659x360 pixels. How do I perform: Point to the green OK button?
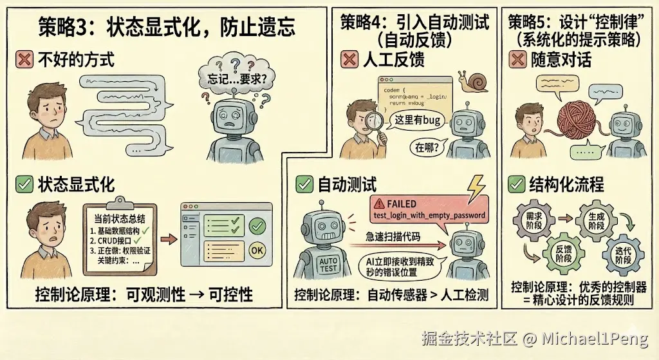point(257,249)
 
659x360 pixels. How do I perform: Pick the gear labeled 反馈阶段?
point(562,252)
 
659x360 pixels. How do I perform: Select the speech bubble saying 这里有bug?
point(416,120)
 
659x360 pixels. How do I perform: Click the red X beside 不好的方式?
point(24,61)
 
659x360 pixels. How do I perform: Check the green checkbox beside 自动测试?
point(304,185)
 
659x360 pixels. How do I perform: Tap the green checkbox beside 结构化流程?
point(515,185)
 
